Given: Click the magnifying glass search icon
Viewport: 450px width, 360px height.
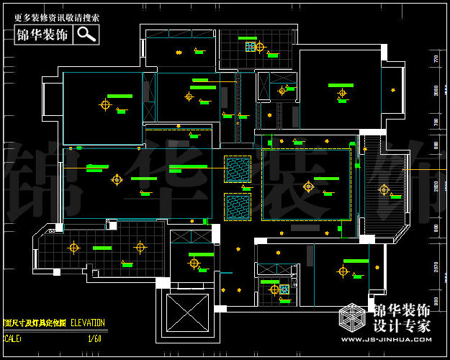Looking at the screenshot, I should click(87, 34).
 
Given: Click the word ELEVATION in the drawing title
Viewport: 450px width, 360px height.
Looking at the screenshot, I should click(87, 323).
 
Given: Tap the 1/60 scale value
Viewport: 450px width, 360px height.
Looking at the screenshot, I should click(94, 338).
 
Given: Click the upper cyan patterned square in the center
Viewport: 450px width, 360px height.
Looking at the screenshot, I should click(237, 170).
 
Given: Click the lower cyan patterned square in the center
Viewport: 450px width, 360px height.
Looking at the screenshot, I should click(237, 207).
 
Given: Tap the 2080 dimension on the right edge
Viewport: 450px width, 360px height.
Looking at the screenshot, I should click(436, 90).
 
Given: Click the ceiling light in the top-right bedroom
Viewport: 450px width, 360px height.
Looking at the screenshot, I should click(342, 93).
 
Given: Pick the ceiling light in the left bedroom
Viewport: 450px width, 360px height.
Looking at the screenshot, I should click(105, 104).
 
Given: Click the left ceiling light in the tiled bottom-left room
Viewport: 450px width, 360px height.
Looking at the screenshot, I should click(73, 248).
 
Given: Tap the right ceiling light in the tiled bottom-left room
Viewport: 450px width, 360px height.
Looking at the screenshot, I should click(140, 248).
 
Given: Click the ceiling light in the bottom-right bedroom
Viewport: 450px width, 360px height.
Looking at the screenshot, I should click(343, 271).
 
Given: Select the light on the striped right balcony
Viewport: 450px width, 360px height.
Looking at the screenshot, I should click(384, 189).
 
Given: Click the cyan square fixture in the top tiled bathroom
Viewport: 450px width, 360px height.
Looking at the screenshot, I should click(251, 47).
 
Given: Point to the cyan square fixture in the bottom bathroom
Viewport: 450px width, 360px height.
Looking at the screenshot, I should click(284, 289).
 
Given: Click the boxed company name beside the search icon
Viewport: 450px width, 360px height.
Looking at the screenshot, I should click(43, 34).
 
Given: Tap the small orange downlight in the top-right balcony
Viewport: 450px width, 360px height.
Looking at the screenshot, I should click(392, 90).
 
